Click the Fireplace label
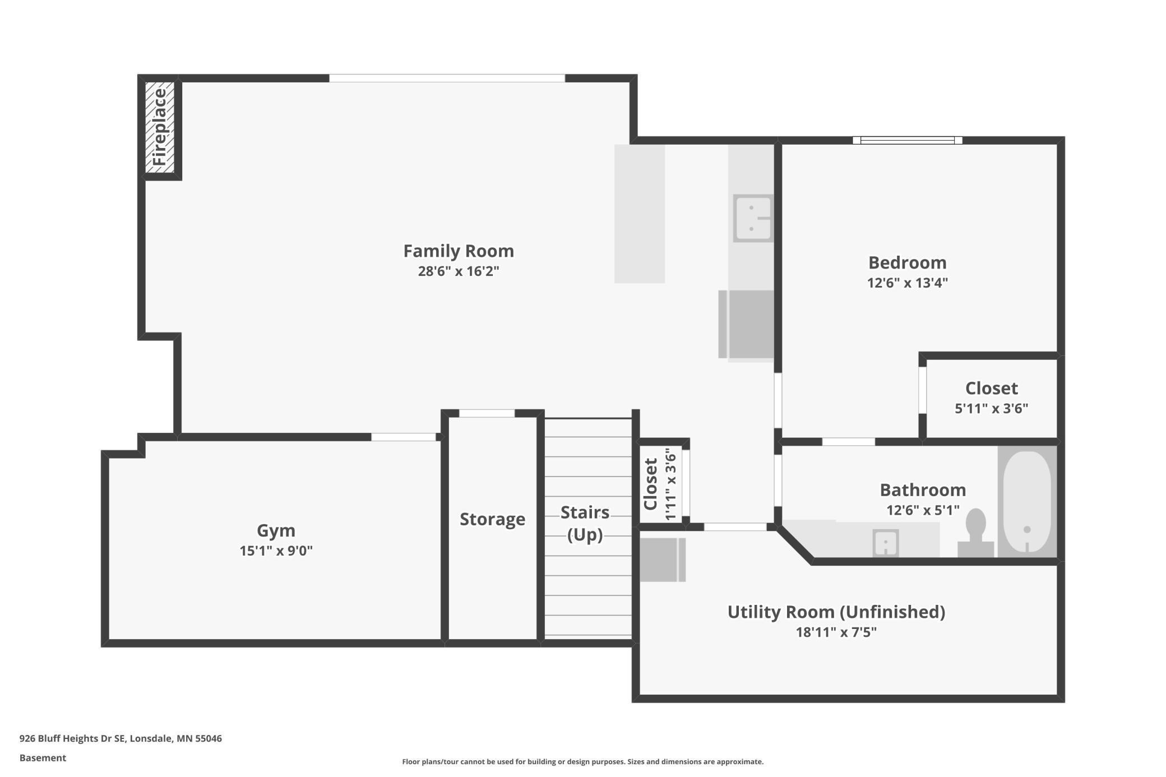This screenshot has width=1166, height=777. coord(160,127)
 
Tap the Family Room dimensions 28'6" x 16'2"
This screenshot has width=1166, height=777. coord(458,271)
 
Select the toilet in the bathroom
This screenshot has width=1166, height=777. coord(976,533)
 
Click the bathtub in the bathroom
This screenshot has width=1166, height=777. coord(1026,501)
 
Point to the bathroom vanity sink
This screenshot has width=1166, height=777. coord(885,543)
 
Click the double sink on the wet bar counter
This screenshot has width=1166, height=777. coord(752,218)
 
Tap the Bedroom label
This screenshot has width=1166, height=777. coord(907,262)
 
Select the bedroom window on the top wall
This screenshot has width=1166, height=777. coord(907,140)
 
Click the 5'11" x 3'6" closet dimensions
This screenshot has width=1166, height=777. coord(991,408)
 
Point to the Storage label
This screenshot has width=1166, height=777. coord(492,519)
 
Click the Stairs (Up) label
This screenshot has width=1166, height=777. coord(585,523)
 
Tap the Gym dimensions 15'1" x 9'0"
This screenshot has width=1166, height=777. coord(276,551)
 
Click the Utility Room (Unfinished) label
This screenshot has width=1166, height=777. coord(836,612)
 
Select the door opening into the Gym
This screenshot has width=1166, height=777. coord(404,437)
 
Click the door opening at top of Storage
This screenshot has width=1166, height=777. coord(487,413)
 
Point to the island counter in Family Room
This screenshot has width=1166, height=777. coord(639,214)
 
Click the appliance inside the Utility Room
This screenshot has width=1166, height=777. coord(662,559)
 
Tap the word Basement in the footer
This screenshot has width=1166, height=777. coord(43,758)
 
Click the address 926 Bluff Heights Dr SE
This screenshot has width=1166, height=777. coord(121,738)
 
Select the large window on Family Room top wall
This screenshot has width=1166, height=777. coord(447,78)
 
